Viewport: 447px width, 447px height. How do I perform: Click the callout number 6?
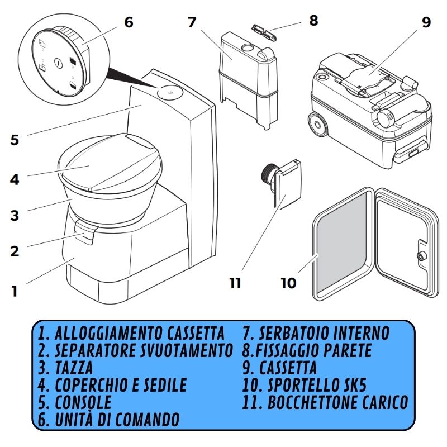click(x=129, y=23)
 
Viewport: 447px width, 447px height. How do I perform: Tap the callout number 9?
click(x=426, y=23)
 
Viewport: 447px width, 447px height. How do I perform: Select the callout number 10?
click(x=288, y=283)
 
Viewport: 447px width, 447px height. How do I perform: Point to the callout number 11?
click(x=235, y=283)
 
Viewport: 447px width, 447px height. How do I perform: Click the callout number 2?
click(x=15, y=251)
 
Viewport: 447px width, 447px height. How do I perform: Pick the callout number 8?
click(x=313, y=21)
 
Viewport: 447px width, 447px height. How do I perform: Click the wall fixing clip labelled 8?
click(x=263, y=32)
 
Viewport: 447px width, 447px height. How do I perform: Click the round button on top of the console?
click(x=167, y=92)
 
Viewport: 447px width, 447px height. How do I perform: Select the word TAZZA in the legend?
click(x=73, y=368)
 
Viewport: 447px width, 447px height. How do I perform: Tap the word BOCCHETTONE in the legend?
click(x=311, y=402)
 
